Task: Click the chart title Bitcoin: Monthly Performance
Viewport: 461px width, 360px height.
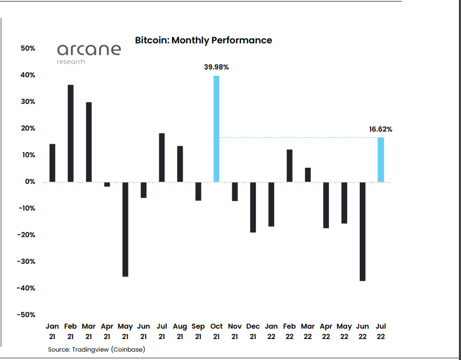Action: [203, 40]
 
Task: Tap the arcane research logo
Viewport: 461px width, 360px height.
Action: [89, 53]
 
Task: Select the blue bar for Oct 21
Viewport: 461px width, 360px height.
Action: [216, 129]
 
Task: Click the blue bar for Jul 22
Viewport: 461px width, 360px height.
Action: [381, 160]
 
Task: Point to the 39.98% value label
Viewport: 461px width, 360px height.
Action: [216, 67]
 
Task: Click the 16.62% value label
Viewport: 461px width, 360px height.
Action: [381, 129]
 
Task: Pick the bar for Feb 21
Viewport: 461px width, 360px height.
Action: [70, 133]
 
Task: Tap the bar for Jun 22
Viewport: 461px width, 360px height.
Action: [362, 231]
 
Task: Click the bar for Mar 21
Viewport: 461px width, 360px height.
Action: [89, 142]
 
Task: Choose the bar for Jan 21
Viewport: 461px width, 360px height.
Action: [52, 163]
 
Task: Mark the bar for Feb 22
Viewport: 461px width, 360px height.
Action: [289, 166]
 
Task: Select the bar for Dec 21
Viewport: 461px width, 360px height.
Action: [253, 207]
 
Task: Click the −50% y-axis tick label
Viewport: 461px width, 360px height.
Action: [26, 315]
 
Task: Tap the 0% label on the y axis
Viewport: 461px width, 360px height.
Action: [29, 182]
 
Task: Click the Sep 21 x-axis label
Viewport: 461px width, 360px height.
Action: [198, 331]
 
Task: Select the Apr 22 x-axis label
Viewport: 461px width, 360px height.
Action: [326, 331]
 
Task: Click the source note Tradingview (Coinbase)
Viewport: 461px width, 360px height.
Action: [97, 349]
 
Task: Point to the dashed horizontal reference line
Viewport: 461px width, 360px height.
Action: [298, 138]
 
